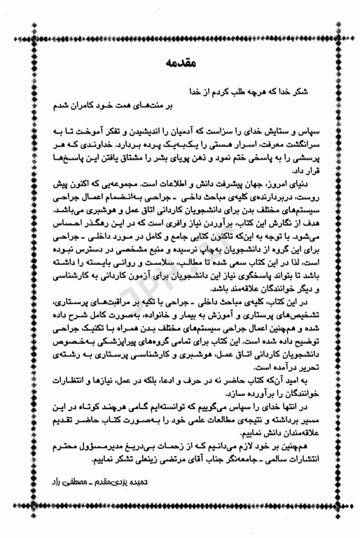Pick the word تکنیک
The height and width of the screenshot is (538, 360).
pos(88,323)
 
